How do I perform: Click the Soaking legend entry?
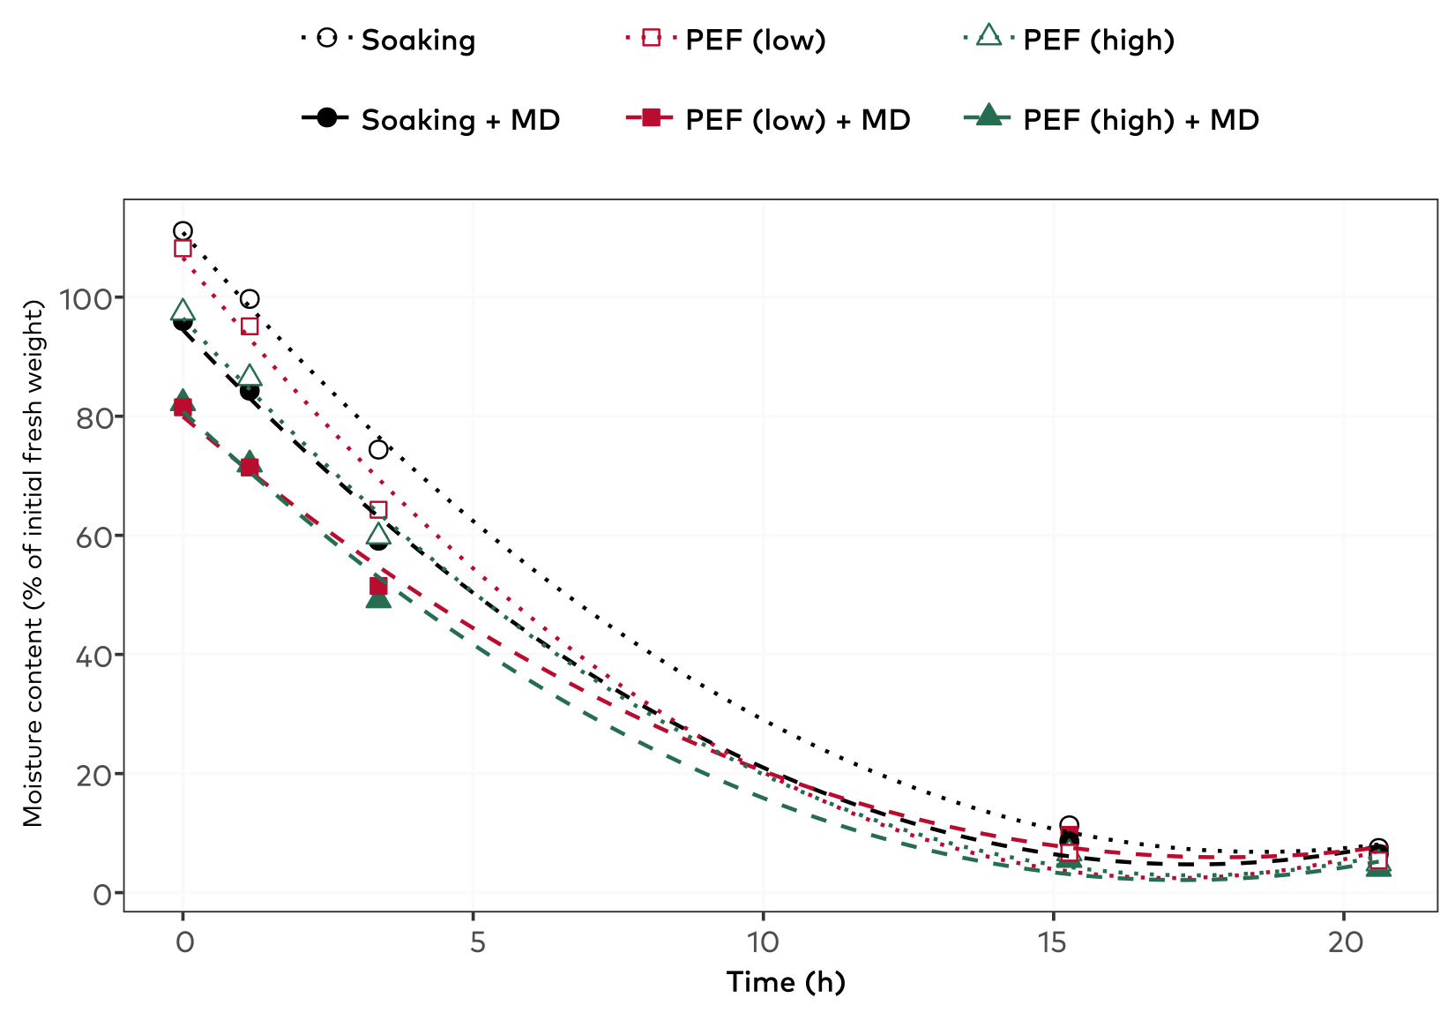pyautogui.click(x=388, y=39)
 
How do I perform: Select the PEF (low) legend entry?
pyautogui.click(x=725, y=39)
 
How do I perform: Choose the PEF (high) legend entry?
pyautogui.click(x=1069, y=39)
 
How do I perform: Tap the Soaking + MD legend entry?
pyautogui.click(x=430, y=120)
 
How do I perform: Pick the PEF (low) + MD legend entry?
pyautogui.click(x=767, y=120)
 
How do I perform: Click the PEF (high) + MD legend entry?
pyautogui.click(x=1110, y=120)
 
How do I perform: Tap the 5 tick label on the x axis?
pyautogui.click(x=477, y=942)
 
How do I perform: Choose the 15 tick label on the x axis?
pyautogui.click(x=1052, y=942)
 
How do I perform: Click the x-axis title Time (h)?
pyautogui.click(x=786, y=982)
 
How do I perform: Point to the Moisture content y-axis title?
pyautogui.click(x=33, y=563)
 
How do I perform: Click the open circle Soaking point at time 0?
pyautogui.click(x=183, y=231)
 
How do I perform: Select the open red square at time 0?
pyautogui.click(x=183, y=248)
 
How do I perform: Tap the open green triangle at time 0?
pyautogui.click(x=183, y=310)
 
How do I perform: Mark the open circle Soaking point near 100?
pyautogui.click(x=250, y=299)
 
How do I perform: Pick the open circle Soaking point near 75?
pyautogui.click(x=378, y=449)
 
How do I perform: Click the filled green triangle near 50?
pyautogui.click(x=378, y=598)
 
